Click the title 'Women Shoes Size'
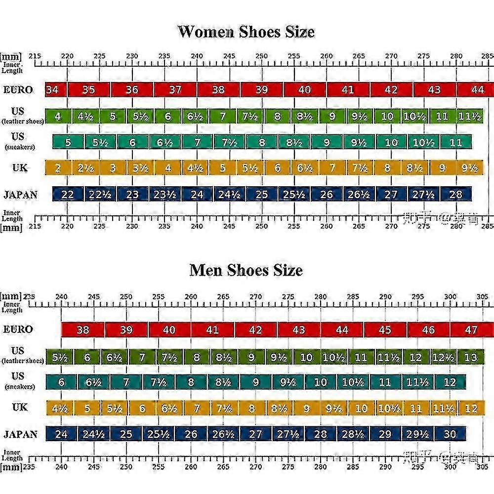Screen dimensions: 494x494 click(246, 32)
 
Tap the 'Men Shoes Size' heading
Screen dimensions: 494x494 click(246, 270)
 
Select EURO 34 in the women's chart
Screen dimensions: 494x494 click(52, 90)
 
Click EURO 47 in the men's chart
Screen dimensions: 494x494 click(471, 329)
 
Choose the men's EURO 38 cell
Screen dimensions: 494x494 click(83, 329)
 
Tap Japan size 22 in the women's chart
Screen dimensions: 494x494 click(68, 194)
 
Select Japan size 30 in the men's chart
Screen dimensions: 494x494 click(450, 434)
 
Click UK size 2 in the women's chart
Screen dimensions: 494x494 click(58, 168)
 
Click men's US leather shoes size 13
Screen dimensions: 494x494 click(470, 357)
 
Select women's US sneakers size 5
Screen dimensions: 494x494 click(68, 142)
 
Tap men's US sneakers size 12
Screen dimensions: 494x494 click(450, 382)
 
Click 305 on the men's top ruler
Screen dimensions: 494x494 click(483, 296)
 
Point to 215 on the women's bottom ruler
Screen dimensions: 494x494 click(35, 226)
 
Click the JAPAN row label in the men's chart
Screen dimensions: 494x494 click(20, 434)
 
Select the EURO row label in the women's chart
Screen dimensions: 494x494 click(18, 90)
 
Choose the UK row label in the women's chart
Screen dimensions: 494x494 click(20, 167)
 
